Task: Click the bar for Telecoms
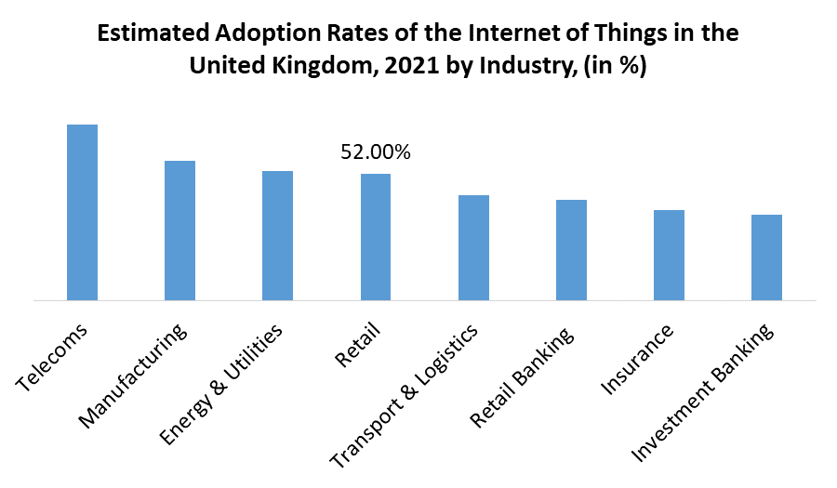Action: click(82, 213)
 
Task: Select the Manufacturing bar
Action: click(179, 231)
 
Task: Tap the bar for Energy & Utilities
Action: click(277, 236)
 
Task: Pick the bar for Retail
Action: click(376, 237)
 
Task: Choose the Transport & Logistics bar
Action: click(473, 248)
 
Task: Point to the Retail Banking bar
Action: click(571, 250)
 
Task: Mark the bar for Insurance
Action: click(669, 256)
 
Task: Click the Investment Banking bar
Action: click(766, 257)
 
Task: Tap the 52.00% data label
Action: click(376, 152)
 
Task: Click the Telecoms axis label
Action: click(53, 357)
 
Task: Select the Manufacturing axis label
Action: click(136, 376)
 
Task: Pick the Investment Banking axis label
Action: click(703, 394)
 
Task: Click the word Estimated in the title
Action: click(153, 34)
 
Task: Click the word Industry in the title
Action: click(525, 67)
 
